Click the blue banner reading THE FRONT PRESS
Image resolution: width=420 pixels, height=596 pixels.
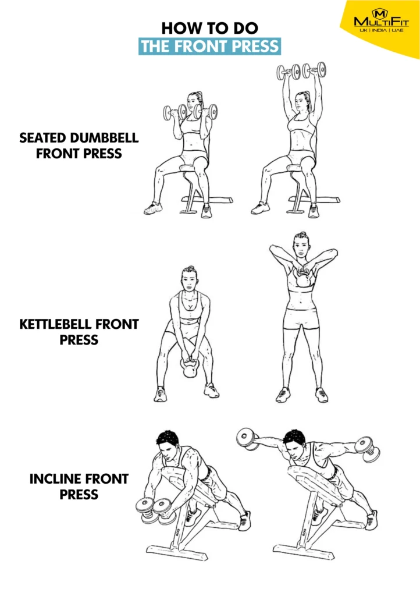pyautogui.click(x=209, y=47)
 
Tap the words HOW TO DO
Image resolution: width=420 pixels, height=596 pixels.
pyautogui.click(x=209, y=28)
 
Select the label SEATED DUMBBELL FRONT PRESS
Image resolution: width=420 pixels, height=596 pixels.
pyautogui.click(x=79, y=146)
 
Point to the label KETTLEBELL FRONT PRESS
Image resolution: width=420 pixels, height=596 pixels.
pyautogui.click(x=79, y=332)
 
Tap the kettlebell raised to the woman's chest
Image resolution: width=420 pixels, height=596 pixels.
pyautogui.click(x=302, y=279)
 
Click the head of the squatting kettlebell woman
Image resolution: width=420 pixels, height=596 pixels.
pyautogui.click(x=188, y=279)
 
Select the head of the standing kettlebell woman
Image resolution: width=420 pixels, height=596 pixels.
pyautogui.click(x=300, y=244)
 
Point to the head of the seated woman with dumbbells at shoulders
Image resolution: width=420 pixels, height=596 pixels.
pyautogui.click(x=194, y=102)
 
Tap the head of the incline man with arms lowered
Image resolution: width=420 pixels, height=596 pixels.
pyautogui.click(x=168, y=445)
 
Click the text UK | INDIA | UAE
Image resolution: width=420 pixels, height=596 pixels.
pyautogui.click(x=381, y=30)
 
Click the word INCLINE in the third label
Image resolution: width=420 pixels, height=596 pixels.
pyautogui.click(x=56, y=479)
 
